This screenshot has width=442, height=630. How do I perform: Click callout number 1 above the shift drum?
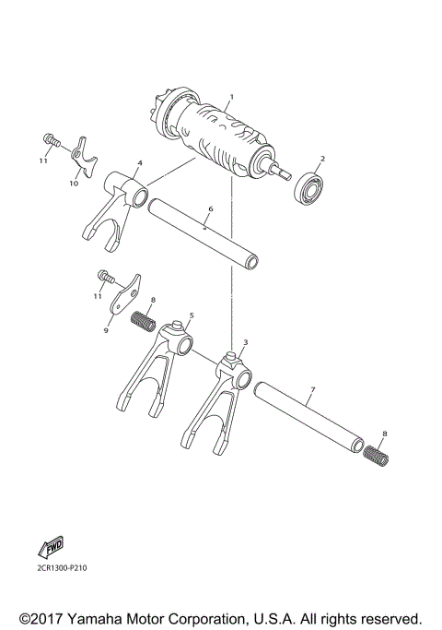[232, 97]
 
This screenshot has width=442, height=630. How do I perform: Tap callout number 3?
[245, 342]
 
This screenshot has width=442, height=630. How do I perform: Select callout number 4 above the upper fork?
[139, 163]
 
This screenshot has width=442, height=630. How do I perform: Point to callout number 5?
[191, 315]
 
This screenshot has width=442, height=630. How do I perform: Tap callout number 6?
[210, 209]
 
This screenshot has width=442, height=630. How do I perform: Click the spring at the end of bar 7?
[375, 453]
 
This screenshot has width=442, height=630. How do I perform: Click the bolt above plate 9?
[104, 275]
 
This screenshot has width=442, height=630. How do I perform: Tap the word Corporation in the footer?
[217, 617]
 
